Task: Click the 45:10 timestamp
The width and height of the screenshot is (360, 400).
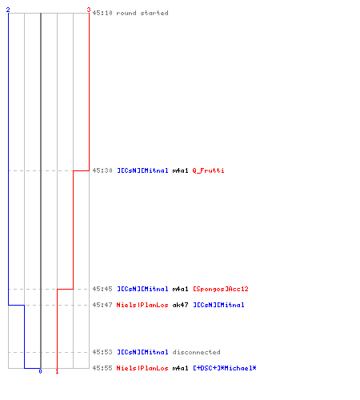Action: click(102, 13)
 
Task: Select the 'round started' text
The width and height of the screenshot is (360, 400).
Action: click(142, 13)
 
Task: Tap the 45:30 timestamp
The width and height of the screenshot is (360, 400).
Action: click(102, 170)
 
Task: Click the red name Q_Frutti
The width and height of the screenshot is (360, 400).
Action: click(208, 170)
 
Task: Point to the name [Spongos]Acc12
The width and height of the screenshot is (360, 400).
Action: click(221, 289)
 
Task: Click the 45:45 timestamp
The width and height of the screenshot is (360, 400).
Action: click(102, 289)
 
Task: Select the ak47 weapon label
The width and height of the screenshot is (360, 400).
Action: click(181, 305)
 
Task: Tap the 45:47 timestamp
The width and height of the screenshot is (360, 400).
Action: click(102, 305)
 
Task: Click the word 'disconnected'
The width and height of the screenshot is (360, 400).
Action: click(197, 352)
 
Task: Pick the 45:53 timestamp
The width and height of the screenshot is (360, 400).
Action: click(102, 352)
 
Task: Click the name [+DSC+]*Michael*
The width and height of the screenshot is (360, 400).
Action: click(225, 368)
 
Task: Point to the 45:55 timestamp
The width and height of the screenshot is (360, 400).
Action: click(102, 368)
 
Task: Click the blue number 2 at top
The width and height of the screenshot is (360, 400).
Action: click(8, 10)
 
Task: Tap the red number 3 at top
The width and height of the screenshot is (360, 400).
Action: click(89, 10)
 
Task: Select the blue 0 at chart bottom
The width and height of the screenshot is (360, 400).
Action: click(40, 371)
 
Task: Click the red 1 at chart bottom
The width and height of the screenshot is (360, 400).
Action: click(57, 371)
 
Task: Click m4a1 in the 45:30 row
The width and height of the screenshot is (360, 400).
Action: click(181, 170)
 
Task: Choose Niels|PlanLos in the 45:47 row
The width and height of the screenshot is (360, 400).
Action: click(142, 305)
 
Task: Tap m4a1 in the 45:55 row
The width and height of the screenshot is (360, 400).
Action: click(181, 368)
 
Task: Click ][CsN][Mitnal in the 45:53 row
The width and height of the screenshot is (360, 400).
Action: click(142, 352)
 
